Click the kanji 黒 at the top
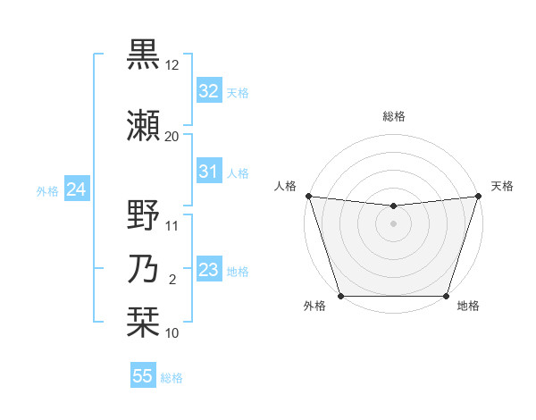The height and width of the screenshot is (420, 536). coord(143,54)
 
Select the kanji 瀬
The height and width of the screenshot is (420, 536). coord(143,125)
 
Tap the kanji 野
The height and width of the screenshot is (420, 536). coord(143,216)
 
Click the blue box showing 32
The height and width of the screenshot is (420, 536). coord(208,91)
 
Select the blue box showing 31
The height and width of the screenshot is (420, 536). coord(208,172)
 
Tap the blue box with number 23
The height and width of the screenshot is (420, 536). coord(208,270)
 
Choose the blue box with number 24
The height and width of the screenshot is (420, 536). coord(76,189)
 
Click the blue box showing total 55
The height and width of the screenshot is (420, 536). coord(143,376)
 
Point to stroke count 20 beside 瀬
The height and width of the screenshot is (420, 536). coord(172,136)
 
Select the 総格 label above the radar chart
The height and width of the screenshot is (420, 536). coord(394,116)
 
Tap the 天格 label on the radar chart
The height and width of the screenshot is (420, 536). coord(502,186)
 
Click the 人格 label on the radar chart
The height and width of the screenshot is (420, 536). coord(285,186)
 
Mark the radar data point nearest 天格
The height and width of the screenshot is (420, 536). coord(479,196)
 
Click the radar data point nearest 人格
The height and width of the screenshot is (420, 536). coord(308,196)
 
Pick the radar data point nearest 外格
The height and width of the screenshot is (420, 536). coord(341,296)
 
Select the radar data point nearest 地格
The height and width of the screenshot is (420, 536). coord(447,296)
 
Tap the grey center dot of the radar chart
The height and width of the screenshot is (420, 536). coord(394,223)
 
